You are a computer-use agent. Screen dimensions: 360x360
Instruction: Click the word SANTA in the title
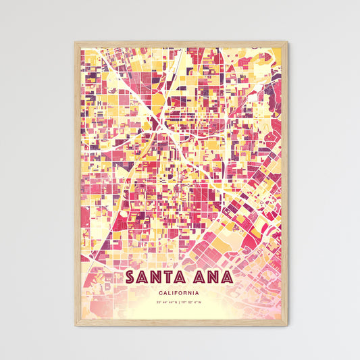[157, 278]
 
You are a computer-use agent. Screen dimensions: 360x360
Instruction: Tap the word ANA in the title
[211, 278]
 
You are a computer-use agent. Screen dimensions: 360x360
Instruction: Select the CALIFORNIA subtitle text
[180, 293]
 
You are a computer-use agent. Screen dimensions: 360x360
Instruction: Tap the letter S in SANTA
[131, 278]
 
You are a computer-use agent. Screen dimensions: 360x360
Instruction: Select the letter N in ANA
[211, 278]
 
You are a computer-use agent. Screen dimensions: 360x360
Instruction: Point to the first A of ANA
[198, 278]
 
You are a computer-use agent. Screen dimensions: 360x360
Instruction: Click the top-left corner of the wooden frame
[75, 43]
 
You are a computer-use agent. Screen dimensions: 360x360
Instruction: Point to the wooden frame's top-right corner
[287, 43]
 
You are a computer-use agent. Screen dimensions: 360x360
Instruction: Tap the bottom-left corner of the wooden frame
[75, 326]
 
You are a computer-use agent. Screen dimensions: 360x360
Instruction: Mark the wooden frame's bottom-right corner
[287, 326]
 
